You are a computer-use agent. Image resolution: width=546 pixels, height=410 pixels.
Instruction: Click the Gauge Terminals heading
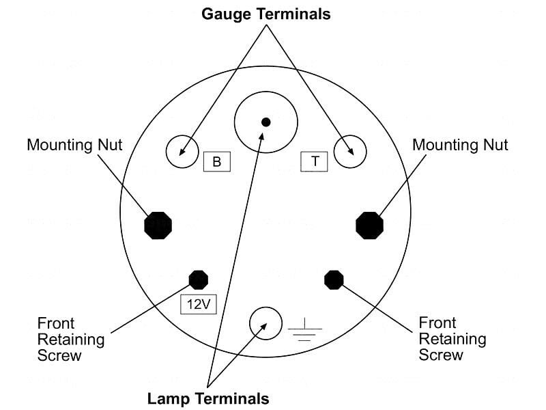pyautogui.click(x=265, y=14)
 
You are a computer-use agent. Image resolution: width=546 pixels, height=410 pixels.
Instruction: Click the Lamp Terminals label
pyautogui.click(x=208, y=398)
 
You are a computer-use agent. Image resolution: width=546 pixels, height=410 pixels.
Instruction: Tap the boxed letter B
pyautogui.click(x=217, y=162)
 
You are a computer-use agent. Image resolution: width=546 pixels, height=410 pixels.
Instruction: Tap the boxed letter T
pyautogui.click(x=315, y=161)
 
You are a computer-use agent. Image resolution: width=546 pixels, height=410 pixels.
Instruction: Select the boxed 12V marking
pyautogui.click(x=199, y=304)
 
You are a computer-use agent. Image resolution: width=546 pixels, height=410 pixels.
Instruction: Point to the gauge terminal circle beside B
pyautogui.click(x=182, y=152)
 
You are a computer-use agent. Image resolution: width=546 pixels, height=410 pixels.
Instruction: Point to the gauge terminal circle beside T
pyautogui.click(x=350, y=152)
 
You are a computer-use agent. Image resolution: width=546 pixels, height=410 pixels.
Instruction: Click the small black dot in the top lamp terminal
pyautogui.click(x=266, y=122)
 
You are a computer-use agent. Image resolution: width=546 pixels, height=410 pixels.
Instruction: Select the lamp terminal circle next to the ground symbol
pyautogui.click(x=265, y=323)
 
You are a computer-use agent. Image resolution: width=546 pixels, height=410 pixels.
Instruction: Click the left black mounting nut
pyautogui.click(x=158, y=225)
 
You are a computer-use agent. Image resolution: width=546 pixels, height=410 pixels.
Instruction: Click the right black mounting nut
pyautogui.click(x=370, y=225)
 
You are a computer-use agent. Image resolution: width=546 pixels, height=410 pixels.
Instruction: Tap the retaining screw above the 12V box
pyautogui.click(x=199, y=279)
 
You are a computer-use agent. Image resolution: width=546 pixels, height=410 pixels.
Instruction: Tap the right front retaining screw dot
pyautogui.click(x=334, y=279)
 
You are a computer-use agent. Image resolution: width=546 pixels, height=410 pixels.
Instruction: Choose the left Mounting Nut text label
pyautogui.click(x=74, y=145)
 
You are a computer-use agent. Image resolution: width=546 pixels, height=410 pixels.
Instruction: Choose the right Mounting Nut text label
pyautogui.click(x=461, y=145)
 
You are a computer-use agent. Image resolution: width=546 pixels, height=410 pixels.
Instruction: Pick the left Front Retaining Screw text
pyautogui.click(x=71, y=339)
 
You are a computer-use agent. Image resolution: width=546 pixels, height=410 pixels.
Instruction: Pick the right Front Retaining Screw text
pyautogui.click(x=452, y=339)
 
